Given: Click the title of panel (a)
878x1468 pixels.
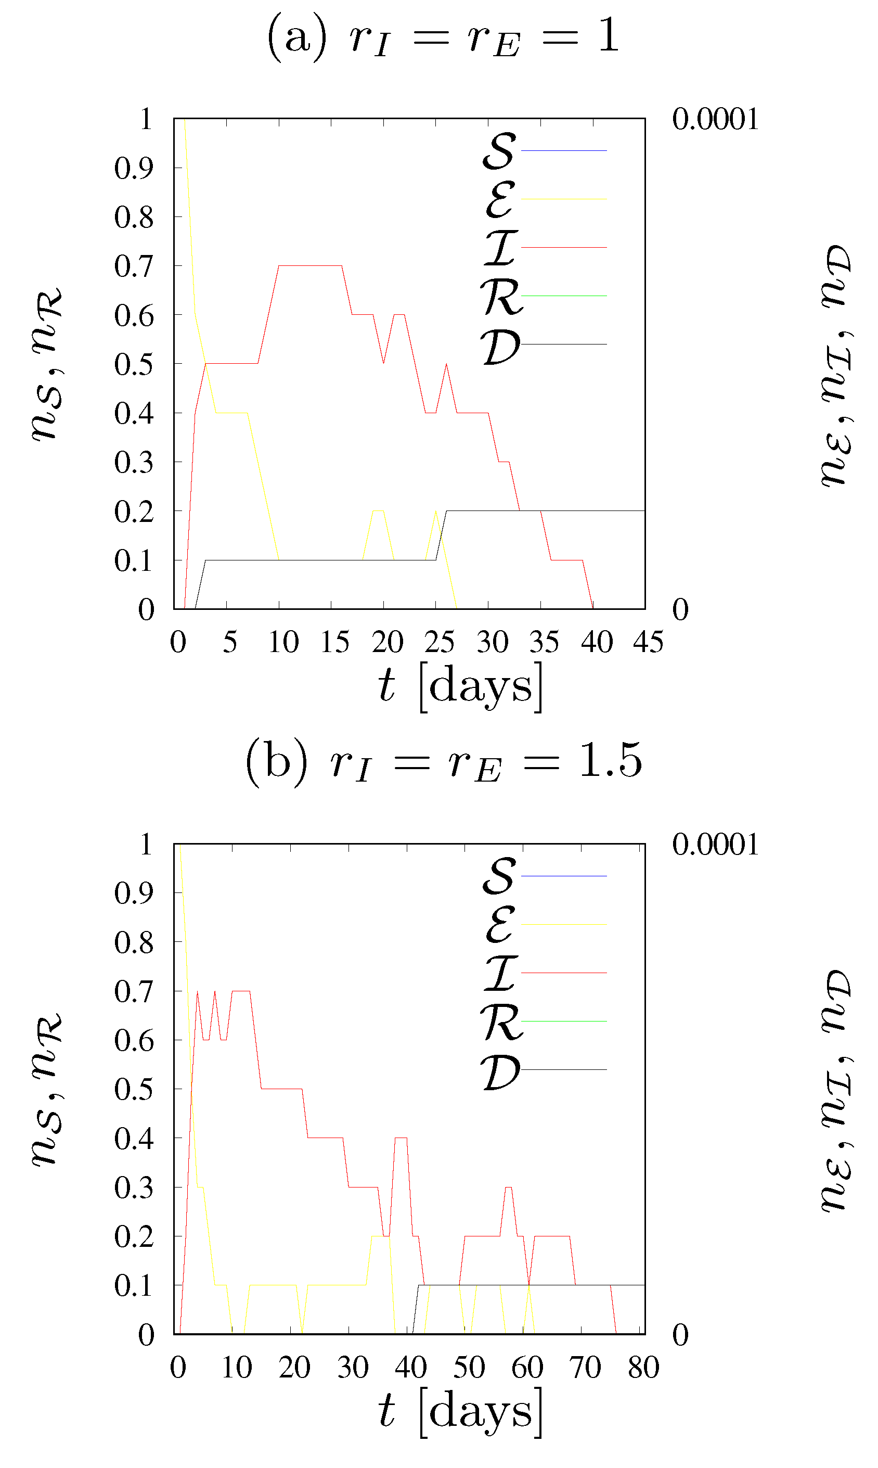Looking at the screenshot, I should click(443, 37).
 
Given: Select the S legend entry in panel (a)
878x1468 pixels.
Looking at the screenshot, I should click(544, 151).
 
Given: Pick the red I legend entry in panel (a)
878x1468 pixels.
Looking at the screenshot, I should click(544, 247).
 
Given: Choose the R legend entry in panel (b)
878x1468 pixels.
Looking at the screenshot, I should click(544, 1022).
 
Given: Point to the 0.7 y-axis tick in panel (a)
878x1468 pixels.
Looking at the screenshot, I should click(134, 266).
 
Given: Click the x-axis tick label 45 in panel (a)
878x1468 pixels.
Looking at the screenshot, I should click(648, 642).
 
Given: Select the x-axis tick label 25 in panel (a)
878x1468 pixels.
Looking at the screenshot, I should click(438, 642).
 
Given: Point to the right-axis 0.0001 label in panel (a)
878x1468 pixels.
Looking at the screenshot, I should click(715, 120).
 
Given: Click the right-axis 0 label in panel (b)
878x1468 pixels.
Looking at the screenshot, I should click(680, 1335).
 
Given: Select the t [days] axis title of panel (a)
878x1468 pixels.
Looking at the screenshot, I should click(460, 687).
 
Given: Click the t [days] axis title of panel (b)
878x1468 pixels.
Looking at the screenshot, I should click(460, 1412).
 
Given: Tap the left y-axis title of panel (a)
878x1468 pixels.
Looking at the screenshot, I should click(47, 364).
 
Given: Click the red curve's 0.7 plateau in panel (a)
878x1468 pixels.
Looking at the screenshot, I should click(310, 266).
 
